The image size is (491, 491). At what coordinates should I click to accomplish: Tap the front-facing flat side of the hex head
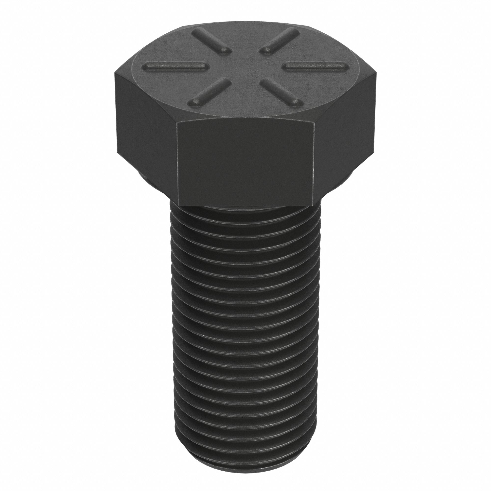(245, 163)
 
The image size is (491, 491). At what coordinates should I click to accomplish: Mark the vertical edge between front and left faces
(177, 163)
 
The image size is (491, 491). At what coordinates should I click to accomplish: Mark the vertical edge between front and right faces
(314, 163)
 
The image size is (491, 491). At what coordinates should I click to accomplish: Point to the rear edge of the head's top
(245, 22)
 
